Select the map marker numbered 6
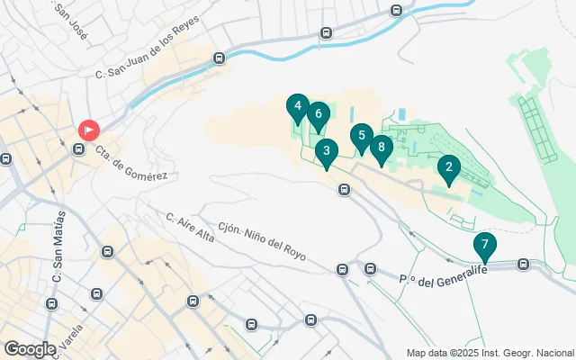point(318,115)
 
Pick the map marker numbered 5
point(361,138)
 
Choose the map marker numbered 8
point(382,148)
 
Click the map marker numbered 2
point(448,168)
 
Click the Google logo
point(30,348)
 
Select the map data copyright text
point(490,353)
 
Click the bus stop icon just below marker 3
point(344,189)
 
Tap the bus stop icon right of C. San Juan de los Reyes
point(219,58)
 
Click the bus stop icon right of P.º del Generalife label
point(524,265)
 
